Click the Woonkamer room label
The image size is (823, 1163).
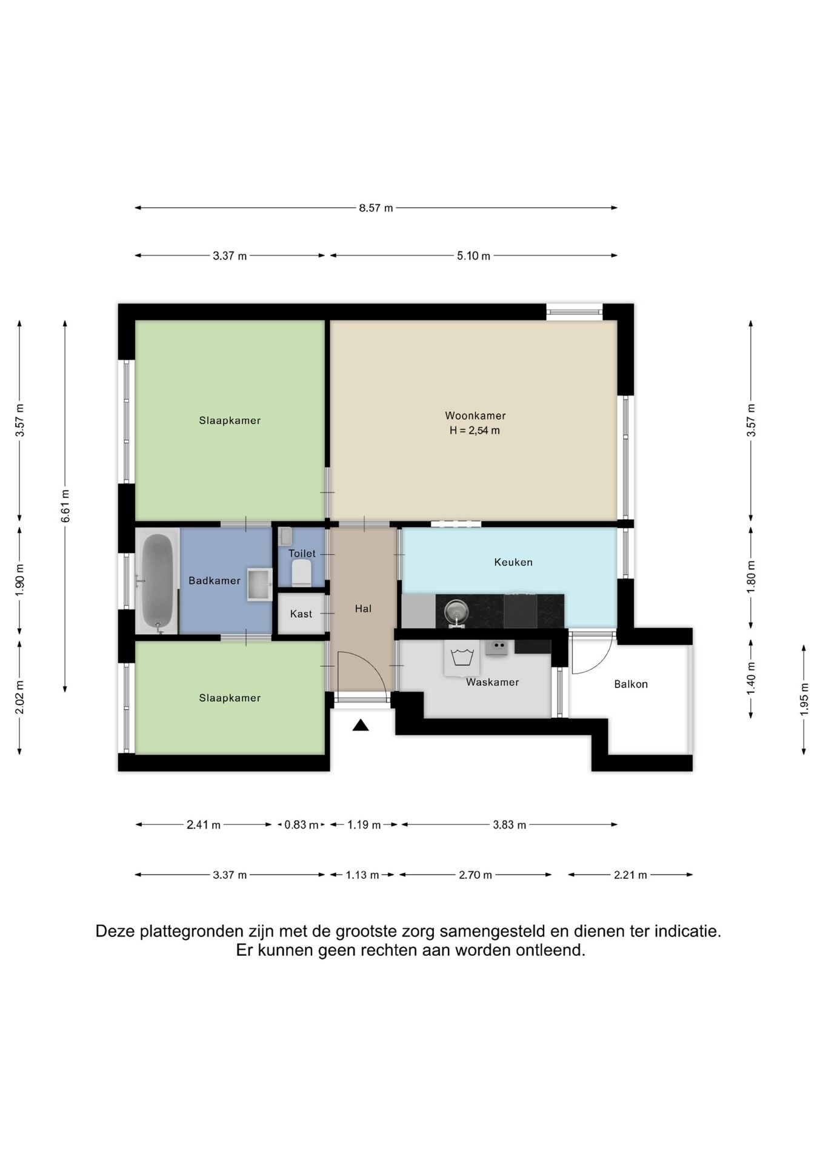tap(475, 416)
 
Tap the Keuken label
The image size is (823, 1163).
tap(513, 562)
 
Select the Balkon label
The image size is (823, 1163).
tap(631, 684)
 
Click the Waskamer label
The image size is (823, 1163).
tap(492, 682)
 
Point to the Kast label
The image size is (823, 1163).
tap(301, 614)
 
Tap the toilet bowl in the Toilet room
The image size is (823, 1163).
tap(301, 573)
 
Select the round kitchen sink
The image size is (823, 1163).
tap(456, 612)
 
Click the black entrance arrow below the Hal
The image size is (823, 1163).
tap(361, 724)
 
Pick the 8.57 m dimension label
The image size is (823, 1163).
tap(376, 208)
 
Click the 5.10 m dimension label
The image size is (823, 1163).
tap(473, 256)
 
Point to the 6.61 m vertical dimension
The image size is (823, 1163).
tap(65, 506)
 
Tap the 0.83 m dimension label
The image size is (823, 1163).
tap(301, 824)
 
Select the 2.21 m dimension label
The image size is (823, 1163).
tap(630, 875)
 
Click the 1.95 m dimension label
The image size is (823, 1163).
tap(804, 700)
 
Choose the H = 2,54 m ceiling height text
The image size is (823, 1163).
tap(475, 431)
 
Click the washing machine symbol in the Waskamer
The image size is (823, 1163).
tap(462, 658)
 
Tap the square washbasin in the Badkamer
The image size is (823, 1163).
tap(259, 585)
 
